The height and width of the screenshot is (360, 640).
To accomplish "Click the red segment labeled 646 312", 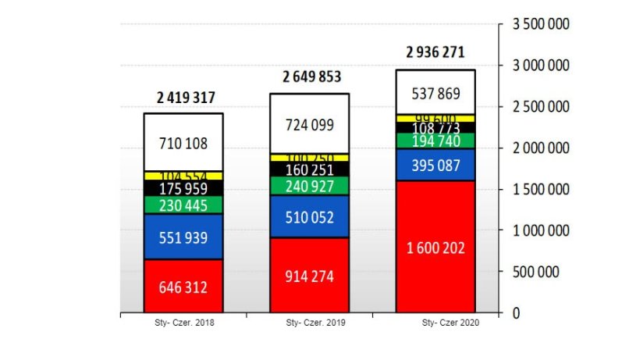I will tap(183, 287).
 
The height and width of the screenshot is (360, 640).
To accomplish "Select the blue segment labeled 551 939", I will tap(183, 237).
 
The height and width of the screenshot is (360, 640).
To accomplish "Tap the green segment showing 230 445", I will tap(183, 205).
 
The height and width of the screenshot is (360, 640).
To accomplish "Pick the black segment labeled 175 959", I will tap(183, 188).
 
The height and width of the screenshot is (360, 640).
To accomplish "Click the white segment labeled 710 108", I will tap(183, 143).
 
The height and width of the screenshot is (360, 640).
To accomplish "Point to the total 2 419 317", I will tap(185, 98).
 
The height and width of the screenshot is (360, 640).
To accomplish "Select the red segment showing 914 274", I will tap(310, 276).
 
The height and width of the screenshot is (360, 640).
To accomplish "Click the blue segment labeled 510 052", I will tap(310, 217).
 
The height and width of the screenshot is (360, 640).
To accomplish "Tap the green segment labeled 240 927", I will tap(310, 186).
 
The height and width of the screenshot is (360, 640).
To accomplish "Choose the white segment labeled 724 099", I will tap(310, 124).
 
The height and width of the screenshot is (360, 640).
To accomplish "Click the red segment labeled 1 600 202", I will tap(436, 248).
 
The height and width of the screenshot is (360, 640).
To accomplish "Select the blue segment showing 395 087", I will tap(436, 165).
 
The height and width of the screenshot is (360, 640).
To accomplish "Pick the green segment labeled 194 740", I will tap(436, 141).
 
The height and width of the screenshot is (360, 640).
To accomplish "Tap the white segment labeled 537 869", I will tap(436, 93).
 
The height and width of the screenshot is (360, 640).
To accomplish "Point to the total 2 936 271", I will tap(436, 53).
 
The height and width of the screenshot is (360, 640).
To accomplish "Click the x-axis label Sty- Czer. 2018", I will tap(184, 322).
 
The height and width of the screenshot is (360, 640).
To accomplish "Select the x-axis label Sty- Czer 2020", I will tap(450, 322).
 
